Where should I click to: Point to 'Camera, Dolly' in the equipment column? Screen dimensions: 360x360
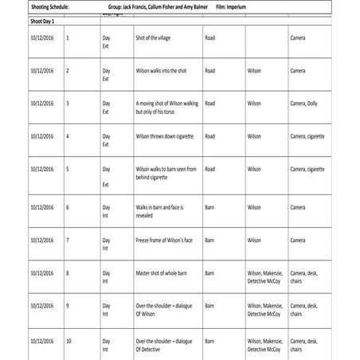click(307, 103)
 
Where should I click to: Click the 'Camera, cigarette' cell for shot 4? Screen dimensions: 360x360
click(307, 136)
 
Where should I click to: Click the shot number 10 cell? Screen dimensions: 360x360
click(68, 341)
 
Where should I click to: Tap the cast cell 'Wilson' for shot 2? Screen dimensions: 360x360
click(254, 70)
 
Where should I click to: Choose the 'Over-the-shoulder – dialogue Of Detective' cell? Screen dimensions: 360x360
click(164, 345)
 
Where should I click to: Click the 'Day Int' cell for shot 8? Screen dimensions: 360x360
click(105, 277)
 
